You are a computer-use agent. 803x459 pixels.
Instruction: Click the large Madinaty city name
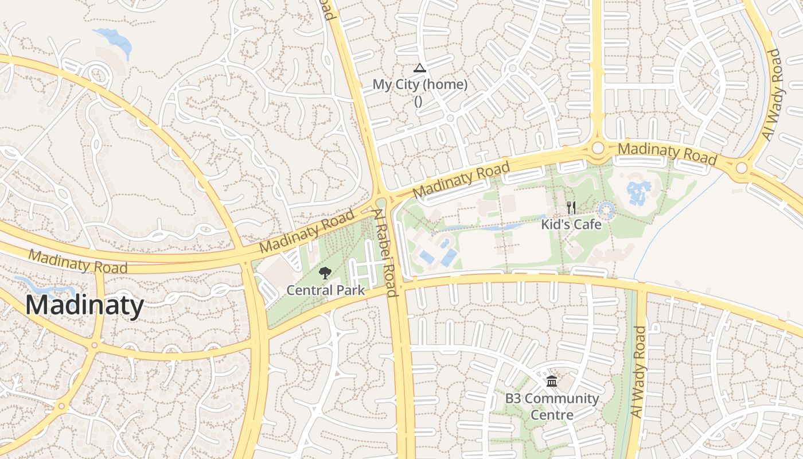click(84, 305)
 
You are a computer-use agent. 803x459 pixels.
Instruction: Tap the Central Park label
click(325, 290)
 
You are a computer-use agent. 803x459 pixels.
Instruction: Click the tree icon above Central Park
click(325, 273)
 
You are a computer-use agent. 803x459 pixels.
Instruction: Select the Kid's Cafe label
click(571, 224)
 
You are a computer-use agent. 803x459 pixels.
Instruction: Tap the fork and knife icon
click(571, 208)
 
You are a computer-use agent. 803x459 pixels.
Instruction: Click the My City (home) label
click(420, 84)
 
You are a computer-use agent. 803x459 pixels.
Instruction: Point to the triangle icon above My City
click(420, 68)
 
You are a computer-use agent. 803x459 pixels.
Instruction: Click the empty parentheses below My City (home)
click(418, 101)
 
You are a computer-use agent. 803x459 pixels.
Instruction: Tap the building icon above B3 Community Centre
click(552, 381)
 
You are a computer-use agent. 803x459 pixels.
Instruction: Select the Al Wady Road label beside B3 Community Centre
click(638, 372)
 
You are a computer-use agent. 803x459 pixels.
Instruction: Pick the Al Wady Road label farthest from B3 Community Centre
click(772, 95)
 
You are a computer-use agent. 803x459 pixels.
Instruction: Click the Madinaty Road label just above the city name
click(78, 261)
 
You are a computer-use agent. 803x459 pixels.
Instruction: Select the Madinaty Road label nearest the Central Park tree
click(307, 231)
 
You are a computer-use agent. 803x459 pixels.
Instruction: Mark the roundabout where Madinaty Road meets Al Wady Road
click(742, 168)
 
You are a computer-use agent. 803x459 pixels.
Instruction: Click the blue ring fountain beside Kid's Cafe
click(606, 209)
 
